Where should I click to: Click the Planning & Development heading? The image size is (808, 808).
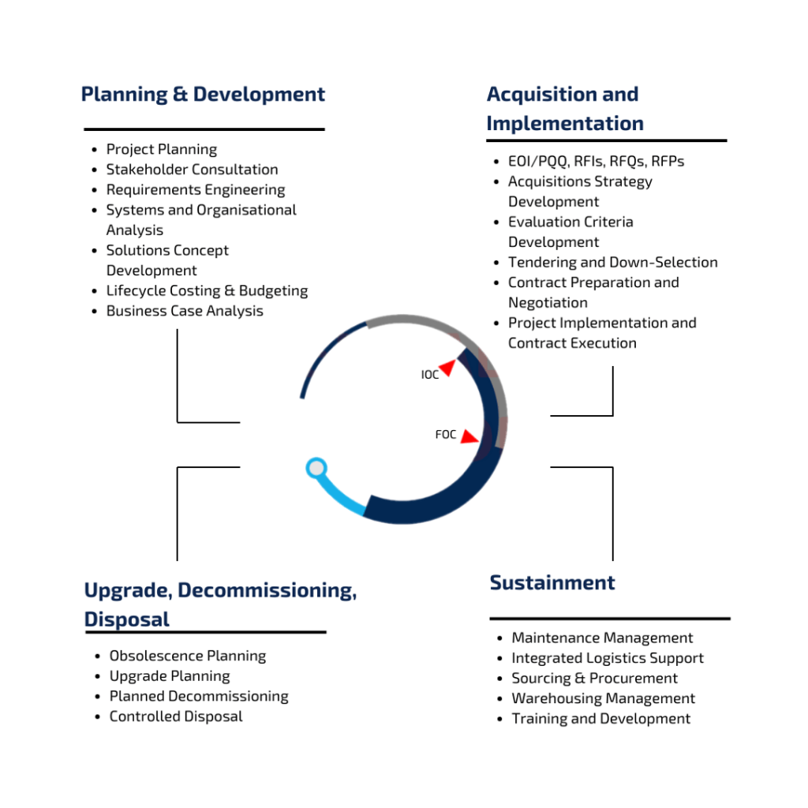(203, 95)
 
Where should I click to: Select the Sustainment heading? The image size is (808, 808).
(552, 583)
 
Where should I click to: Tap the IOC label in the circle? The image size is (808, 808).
(430, 375)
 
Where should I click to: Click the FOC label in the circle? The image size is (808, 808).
(446, 435)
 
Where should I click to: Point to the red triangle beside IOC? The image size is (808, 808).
(448, 367)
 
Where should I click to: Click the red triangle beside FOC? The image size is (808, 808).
(469, 437)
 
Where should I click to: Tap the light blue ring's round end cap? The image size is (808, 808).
(316, 468)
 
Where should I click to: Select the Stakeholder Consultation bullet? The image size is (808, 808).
(193, 170)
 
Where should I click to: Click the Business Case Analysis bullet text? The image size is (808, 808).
(185, 311)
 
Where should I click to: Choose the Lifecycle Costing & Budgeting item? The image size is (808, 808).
(208, 291)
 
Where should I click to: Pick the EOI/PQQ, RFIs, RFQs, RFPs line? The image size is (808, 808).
(597, 161)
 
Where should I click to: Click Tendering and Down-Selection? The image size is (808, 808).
(612, 262)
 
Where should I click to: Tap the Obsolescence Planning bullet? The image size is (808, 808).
(188, 656)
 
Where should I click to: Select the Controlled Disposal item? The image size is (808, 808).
(176, 716)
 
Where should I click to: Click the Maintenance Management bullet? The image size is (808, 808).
(602, 638)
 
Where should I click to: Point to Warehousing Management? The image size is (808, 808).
(604, 698)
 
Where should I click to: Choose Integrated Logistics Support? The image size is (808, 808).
(608, 658)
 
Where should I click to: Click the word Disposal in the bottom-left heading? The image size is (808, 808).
(127, 619)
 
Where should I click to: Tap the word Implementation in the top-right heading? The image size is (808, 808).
(565, 124)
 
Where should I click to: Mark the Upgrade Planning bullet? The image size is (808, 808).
(170, 676)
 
